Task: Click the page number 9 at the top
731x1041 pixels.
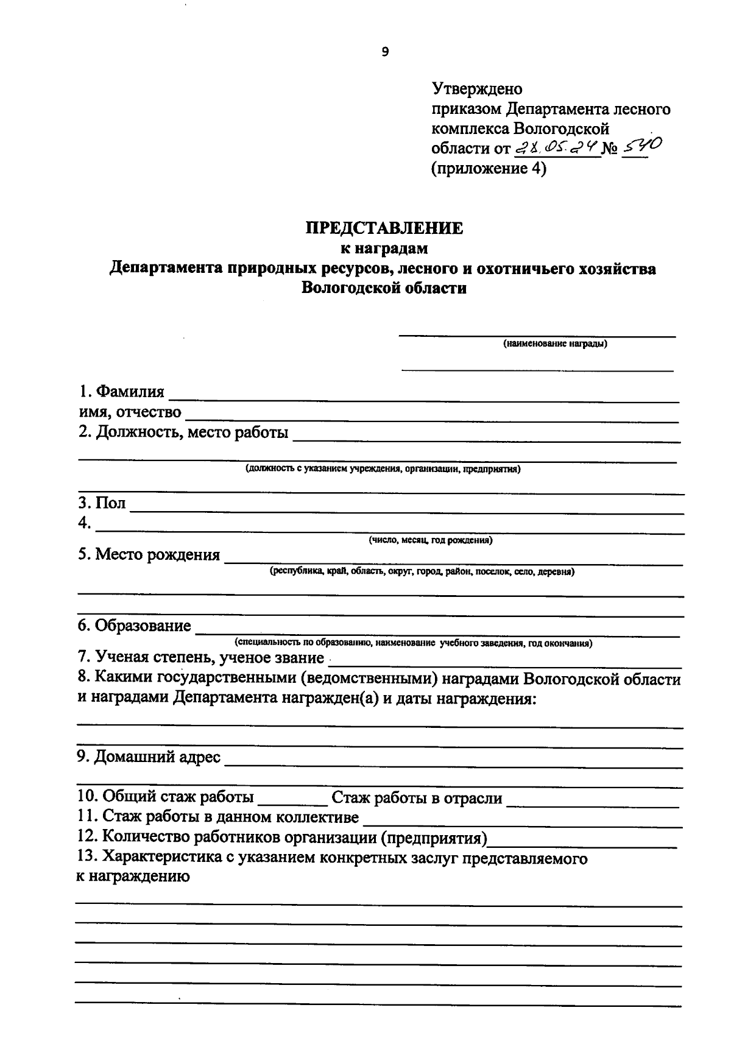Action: click(384, 52)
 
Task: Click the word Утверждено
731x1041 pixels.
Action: click(477, 89)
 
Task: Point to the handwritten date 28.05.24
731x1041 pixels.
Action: click(556, 146)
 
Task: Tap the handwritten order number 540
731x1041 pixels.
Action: click(640, 145)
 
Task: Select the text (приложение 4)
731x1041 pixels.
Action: click(489, 168)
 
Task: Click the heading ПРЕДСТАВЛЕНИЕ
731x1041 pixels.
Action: click(384, 228)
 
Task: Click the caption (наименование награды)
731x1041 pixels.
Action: click(555, 344)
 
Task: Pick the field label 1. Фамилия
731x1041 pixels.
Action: click(121, 392)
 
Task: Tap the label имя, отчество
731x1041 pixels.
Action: click(129, 412)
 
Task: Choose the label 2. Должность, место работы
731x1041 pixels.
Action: click(183, 433)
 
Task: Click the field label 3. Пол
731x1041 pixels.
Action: click(102, 503)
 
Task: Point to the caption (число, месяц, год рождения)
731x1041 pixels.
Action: click(430, 540)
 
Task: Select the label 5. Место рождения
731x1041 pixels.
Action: click(149, 555)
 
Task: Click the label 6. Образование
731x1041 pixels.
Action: click(134, 626)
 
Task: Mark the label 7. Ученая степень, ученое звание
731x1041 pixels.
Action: click(200, 658)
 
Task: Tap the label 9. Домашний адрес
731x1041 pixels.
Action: click(149, 757)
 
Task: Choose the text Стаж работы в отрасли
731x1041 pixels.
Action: click(417, 797)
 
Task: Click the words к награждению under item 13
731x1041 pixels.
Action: click(132, 877)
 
